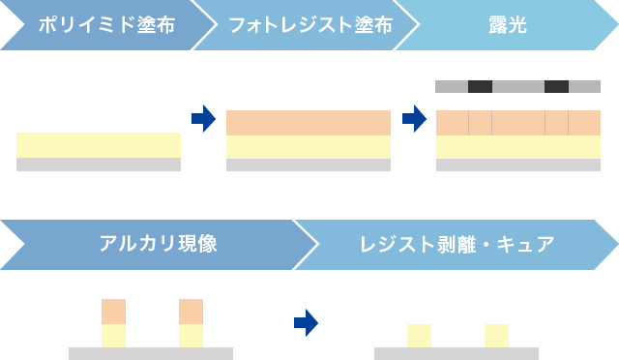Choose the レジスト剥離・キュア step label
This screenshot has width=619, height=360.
tap(457, 244)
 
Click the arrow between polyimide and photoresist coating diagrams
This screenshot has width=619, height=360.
tap(203, 120)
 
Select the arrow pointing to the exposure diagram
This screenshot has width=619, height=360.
tap(414, 120)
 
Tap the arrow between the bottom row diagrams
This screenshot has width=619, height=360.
tap(306, 323)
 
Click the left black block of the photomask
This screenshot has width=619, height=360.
tap(480, 87)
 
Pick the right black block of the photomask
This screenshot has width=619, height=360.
tap(556, 87)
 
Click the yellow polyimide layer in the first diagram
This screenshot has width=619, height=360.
tap(99, 145)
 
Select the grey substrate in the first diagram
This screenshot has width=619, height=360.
tap(99, 165)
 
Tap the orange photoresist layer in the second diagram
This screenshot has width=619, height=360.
tap(309, 123)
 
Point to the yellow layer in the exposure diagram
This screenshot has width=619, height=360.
tap(518, 146)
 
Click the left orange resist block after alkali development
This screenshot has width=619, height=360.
tap(114, 312)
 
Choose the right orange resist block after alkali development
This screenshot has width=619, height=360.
tap(191, 312)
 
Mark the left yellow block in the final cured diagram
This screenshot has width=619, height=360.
tap(419, 335)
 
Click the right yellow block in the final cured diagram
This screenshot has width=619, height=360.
tap(496, 335)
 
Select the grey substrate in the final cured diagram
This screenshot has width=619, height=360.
tap(457, 353)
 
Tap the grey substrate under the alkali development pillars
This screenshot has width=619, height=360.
tap(151, 353)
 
